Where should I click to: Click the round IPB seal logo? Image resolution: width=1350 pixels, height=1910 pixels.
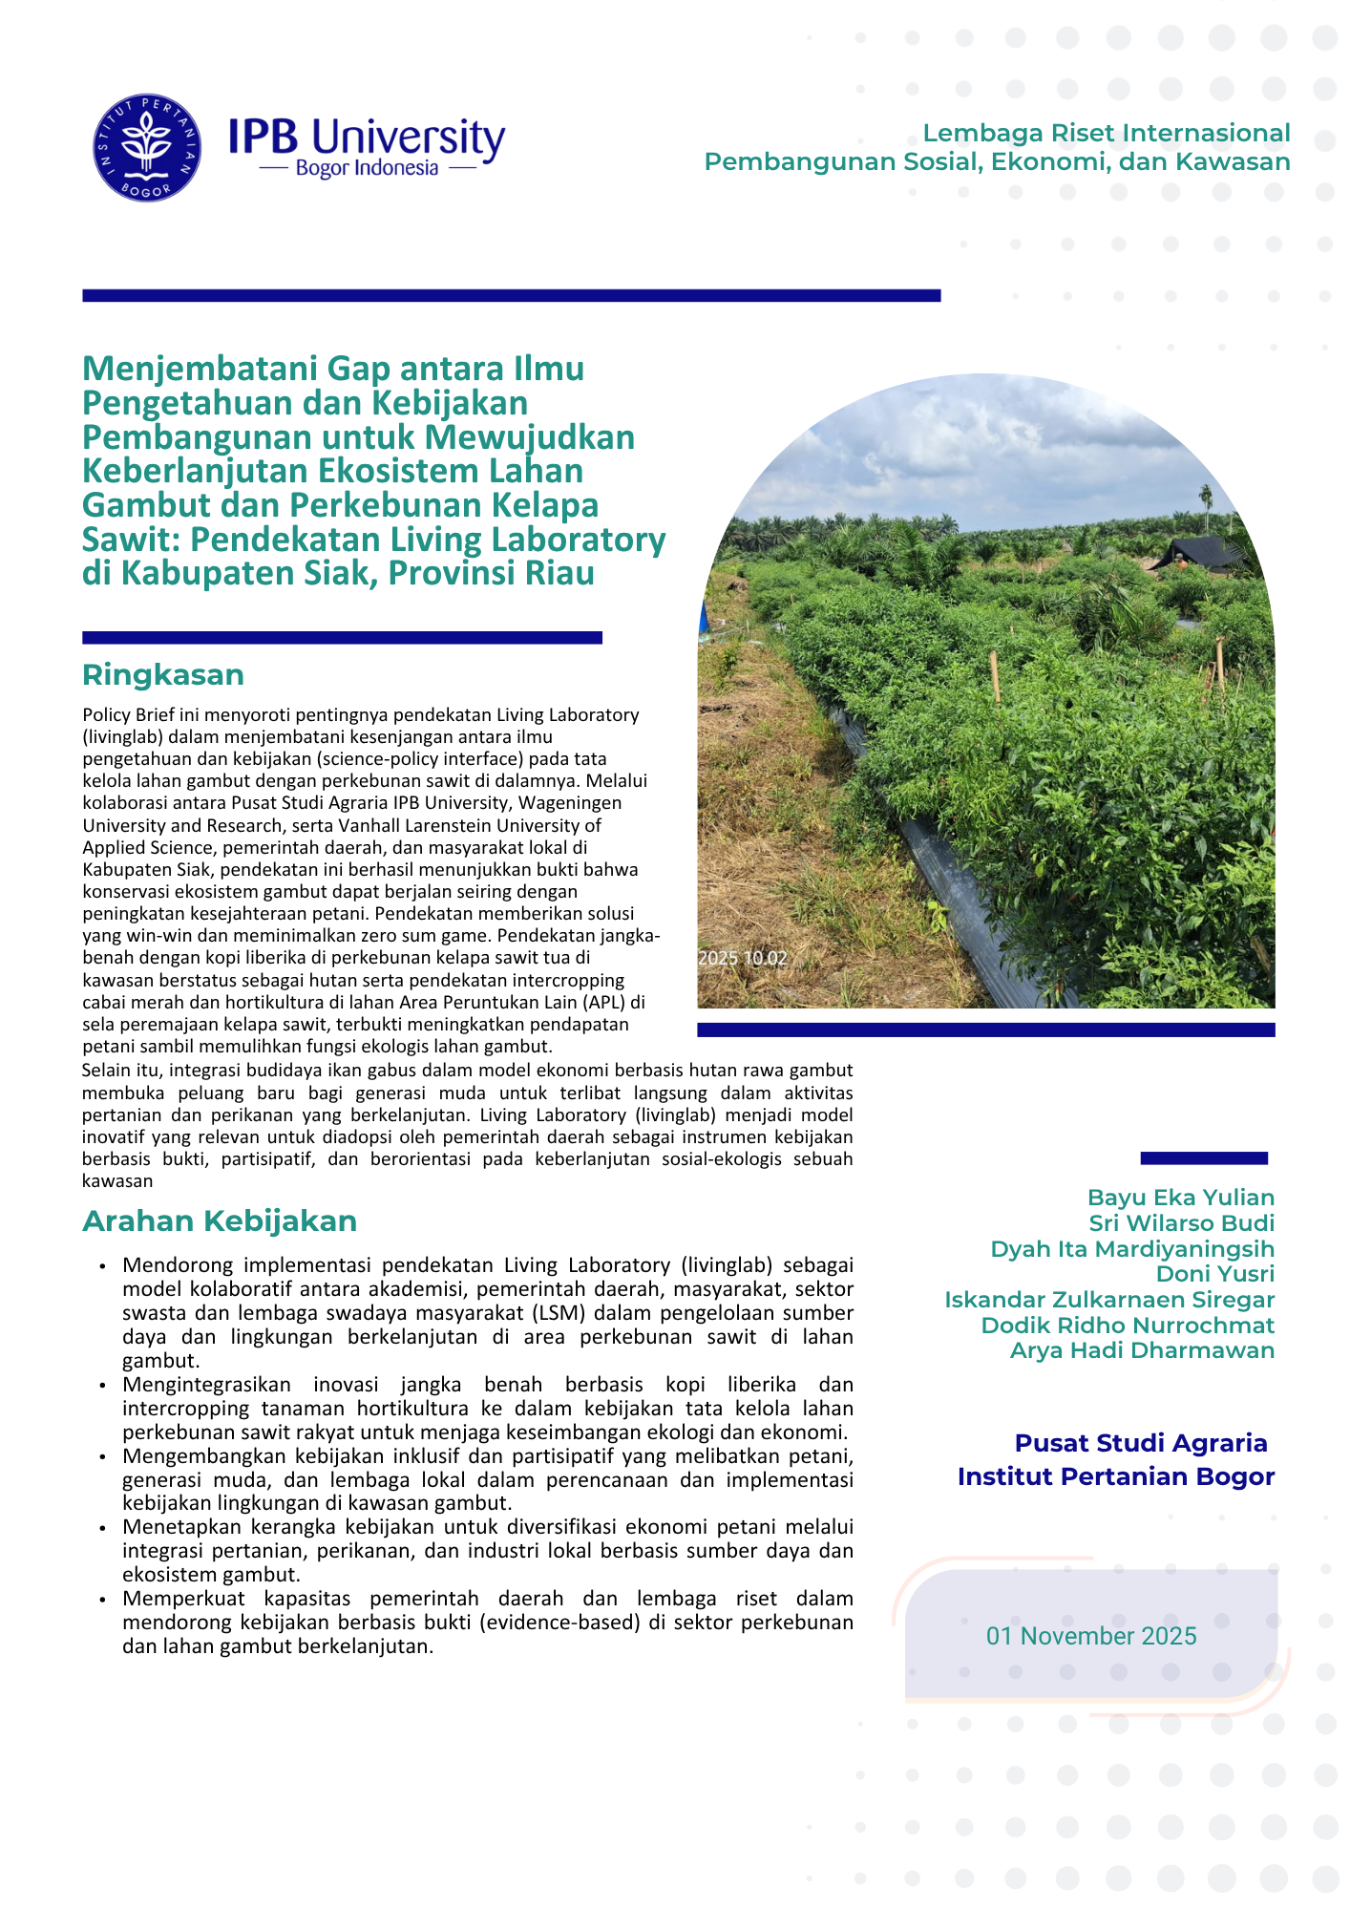[147, 148]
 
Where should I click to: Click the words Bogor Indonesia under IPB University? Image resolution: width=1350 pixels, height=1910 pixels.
[367, 169]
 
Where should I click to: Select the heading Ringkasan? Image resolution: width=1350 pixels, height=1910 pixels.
[163, 675]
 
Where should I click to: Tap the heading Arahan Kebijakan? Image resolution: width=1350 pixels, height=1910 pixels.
[220, 1221]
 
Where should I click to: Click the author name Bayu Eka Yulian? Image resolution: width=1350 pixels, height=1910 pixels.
[1181, 1198]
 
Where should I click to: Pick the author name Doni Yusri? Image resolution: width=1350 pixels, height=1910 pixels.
[1215, 1274]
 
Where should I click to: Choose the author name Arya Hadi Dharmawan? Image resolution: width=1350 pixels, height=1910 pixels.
[1142, 1350]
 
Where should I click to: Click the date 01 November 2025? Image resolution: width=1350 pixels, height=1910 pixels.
[1091, 1636]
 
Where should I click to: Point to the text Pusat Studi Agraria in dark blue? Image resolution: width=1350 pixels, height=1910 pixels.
[1141, 1443]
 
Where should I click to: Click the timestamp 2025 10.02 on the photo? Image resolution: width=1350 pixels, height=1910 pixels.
[743, 958]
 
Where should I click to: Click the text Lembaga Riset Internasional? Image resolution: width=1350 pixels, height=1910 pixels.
[1107, 133]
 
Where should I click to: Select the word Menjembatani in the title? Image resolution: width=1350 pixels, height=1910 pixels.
[200, 369]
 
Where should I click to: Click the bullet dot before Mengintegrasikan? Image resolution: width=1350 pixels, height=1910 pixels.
[102, 1385]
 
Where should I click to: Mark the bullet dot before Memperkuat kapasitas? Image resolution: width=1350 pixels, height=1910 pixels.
[102, 1599]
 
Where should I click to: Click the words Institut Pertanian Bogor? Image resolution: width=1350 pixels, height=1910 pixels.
[1116, 1476]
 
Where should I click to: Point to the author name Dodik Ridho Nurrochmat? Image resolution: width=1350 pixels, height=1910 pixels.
[1128, 1326]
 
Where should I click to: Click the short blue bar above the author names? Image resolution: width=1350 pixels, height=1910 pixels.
[1204, 1158]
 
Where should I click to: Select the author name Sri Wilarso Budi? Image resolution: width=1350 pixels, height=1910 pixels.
[1182, 1223]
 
